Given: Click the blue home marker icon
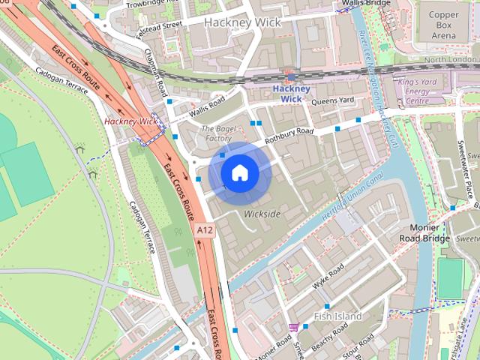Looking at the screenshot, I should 239,172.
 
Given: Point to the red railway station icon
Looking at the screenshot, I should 290,76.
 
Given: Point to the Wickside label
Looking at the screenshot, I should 262,214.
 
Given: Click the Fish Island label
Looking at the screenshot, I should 337,316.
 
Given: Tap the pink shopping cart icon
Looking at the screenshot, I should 294,327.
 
